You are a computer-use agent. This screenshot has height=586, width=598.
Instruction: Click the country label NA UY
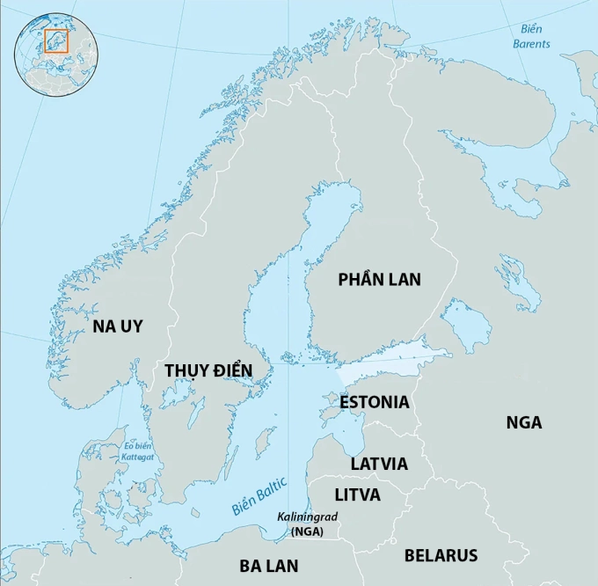pyautogui.click(x=117, y=326)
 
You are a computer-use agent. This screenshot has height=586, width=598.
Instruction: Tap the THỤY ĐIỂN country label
pyautogui.click(x=208, y=370)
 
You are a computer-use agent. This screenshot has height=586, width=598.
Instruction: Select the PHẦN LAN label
pyautogui.click(x=379, y=280)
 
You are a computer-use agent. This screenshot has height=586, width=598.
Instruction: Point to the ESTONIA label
pyautogui.click(x=375, y=402)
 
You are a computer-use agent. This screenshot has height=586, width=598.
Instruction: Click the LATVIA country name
pyautogui.click(x=379, y=464)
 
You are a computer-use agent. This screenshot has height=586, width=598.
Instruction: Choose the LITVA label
pyautogui.click(x=357, y=495)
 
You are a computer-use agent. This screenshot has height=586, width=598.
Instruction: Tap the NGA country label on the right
pyautogui.click(x=523, y=422)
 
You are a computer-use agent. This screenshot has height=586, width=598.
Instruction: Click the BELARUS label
pyautogui.click(x=441, y=555)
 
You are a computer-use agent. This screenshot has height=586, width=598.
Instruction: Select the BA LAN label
pyautogui.click(x=269, y=566)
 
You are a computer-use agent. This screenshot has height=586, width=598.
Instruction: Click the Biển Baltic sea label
pyautogui.click(x=259, y=495)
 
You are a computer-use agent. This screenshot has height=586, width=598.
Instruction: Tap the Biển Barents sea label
pyautogui.click(x=531, y=36)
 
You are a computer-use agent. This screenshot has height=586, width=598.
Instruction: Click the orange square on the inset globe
pyautogui.click(x=55, y=40)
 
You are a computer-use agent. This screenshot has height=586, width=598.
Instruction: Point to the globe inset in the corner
pyautogui.click(x=55, y=55)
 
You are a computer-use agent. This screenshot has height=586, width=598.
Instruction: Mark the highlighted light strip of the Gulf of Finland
pyautogui.click(x=396, y=361)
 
